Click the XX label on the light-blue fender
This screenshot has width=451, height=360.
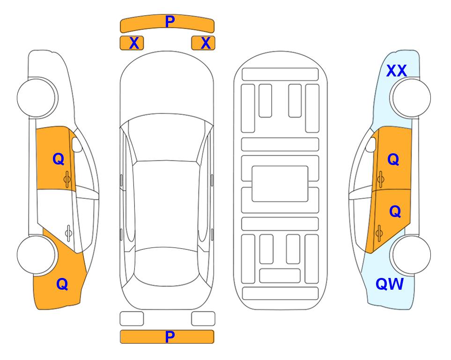click(x=396, y=71)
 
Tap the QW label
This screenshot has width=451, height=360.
click(x=390, y=284)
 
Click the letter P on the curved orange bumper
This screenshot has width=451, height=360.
click(x=170, y=22)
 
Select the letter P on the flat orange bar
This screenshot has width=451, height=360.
click(x=170, y=337)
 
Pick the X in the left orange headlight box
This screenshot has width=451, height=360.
click(x=134, y=43)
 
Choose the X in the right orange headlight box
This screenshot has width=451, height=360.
click(x=206, y=43)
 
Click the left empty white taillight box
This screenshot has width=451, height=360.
click(x=132, y=319)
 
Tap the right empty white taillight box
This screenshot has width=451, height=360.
click(x=203, y=319)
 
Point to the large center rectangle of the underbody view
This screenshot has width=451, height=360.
click(x=280, y=184)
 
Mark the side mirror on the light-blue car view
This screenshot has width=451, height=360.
click(x=371, y=144)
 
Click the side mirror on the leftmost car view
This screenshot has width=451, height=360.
click(x=77, y=144)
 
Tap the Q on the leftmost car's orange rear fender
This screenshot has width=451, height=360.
click(x=62, y=284)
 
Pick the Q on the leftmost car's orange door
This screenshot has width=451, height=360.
click(x=59, y=159)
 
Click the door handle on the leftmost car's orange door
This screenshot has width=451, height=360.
click(x=67, y=179)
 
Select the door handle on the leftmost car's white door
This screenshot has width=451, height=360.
click(x=68, y=233)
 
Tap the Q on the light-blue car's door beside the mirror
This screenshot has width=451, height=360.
click(x=393, y=159)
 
